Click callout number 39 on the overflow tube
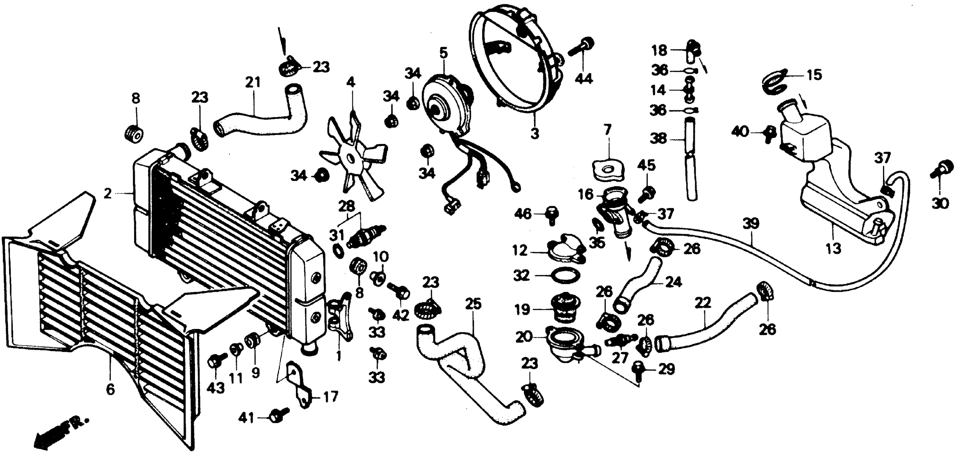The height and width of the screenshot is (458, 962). coord(751,224)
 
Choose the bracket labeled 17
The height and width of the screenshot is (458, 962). coord(299,388)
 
